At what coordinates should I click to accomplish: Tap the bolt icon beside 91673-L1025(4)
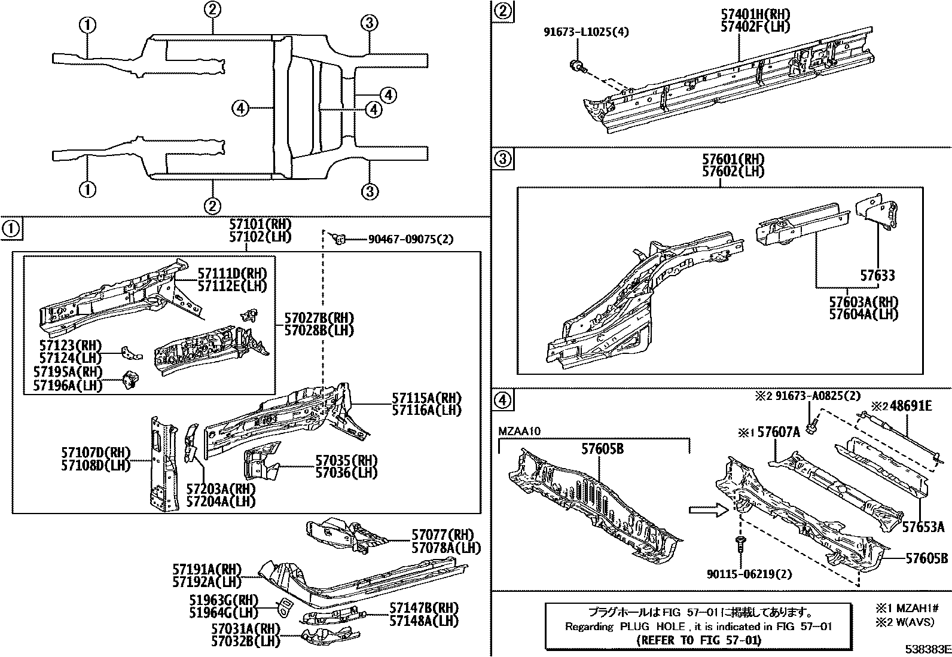[x=578, y=66]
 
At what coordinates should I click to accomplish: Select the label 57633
[x=878, y=276]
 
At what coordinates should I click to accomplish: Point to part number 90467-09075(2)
[x=410, y=240]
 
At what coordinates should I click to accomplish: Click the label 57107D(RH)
[x=96, y=453]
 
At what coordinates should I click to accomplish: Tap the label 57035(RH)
[x=347, y=460]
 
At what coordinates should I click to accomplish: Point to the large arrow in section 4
[x=707, y=510]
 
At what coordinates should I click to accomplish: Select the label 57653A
[x=923, y=527]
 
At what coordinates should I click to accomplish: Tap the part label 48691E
[x=910, y=406]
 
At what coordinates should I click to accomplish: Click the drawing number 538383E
[x=926, y=649]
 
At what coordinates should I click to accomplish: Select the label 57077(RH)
[x=442, y=535]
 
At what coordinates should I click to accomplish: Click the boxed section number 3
[x=502, y=160]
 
